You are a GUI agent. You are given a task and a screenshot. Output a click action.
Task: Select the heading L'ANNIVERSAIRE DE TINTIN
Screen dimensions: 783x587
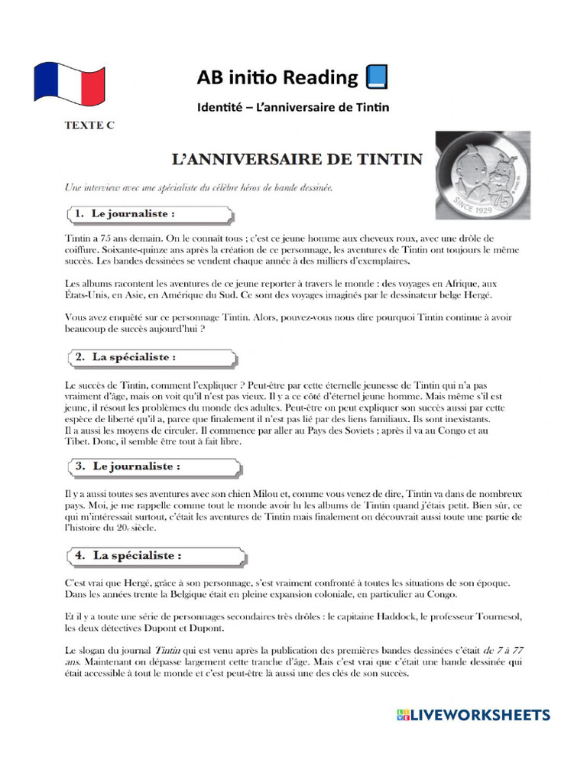(x=295, y=159)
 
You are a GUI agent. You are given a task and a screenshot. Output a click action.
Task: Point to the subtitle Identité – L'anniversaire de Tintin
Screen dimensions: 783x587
(x=293, y=107)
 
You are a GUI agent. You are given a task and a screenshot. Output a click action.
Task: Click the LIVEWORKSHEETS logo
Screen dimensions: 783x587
(x=472, y=715)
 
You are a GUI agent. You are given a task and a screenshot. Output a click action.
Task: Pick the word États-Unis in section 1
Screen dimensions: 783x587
(x=86, y=295)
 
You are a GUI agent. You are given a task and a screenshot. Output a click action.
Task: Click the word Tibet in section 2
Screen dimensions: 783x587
(x=78, y=442)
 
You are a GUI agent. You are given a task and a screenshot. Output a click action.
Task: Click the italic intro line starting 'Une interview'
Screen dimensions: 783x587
(x=197, y=187)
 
